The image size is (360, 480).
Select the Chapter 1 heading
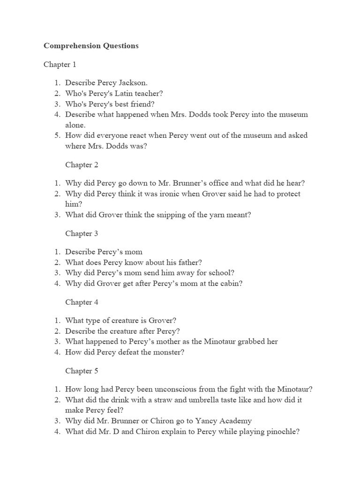click(60, 64)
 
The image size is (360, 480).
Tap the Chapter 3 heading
click(82, 233)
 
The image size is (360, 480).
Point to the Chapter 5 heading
click(82, 371)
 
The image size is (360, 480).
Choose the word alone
click(75, 125)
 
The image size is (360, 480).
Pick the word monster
click(170, 352)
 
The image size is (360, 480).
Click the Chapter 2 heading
click(82, 165)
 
